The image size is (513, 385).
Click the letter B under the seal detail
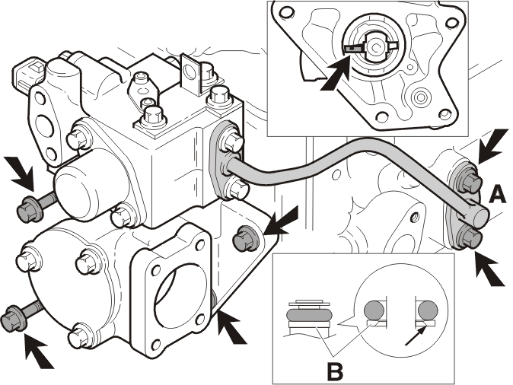click(x=335, y=371)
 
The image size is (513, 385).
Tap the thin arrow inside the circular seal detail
click(x=416, y=336)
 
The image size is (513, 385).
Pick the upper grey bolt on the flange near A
click(x=470, y=182)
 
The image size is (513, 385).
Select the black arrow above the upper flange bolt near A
click(x=493, y=146)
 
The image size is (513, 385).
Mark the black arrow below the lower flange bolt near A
click(x=490, y=269)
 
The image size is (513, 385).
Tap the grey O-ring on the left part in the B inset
click(x=309, y=314)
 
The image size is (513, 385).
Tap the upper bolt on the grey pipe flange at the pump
click(x=231, y=141)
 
